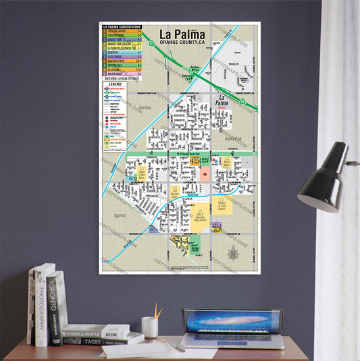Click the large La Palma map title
(182, 34)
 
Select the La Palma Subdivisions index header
(122, 26)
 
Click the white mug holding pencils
(149, 327)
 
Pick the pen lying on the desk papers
(177, 346)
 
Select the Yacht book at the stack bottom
(84, 340)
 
